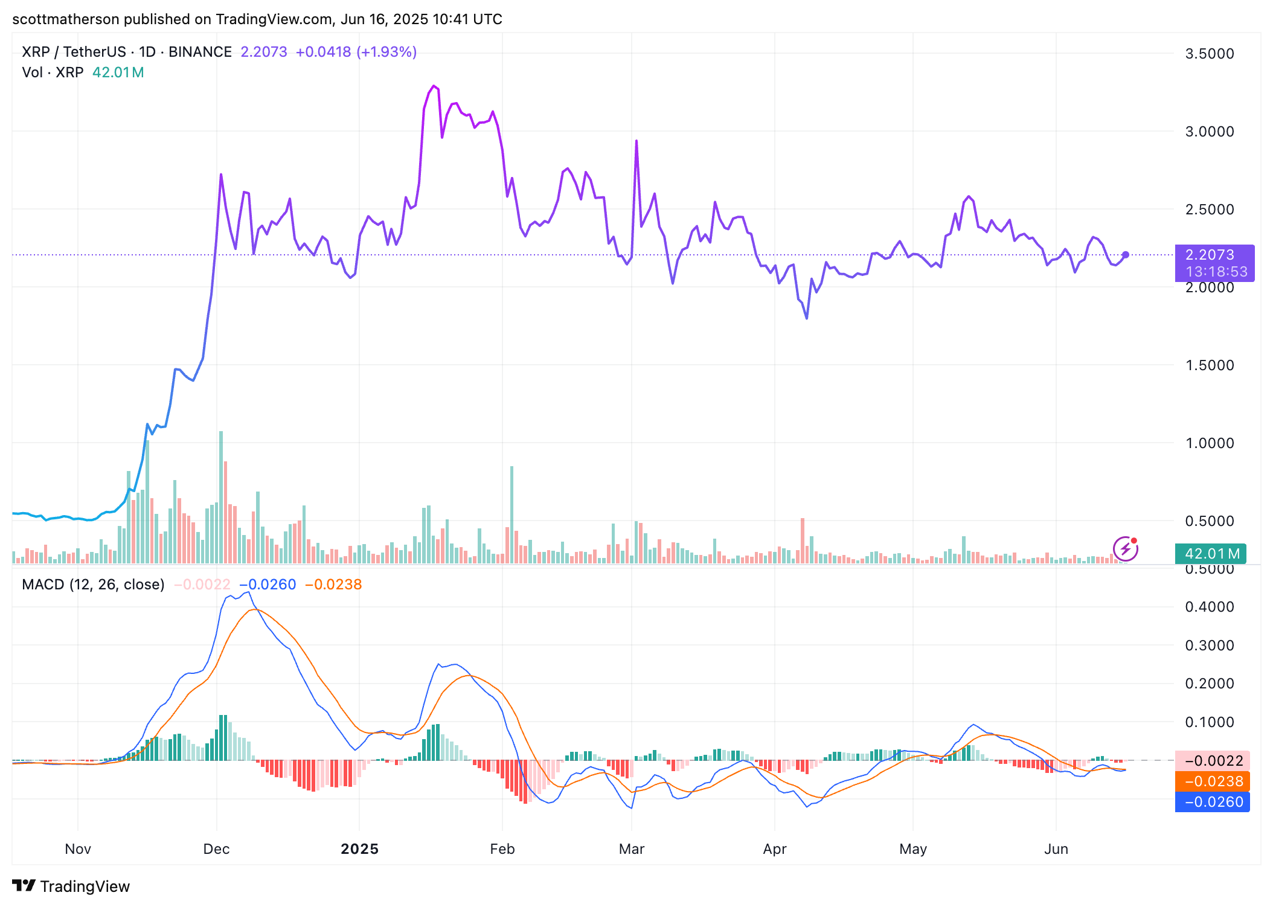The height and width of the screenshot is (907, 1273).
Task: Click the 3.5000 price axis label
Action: coord(1209,54)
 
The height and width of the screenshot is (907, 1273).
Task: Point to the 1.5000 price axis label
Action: coord(1209,365)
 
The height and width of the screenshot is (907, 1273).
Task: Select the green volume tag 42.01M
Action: coord(1210,553)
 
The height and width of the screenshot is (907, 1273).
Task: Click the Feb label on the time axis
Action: coord(502,849)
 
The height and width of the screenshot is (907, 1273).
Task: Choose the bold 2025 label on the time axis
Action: coord(359,849)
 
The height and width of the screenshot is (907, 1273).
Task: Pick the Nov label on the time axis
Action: coord(78,849)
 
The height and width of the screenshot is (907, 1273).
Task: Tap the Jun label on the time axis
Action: coord(1056,849)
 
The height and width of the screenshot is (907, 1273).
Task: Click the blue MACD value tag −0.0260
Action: coord(1212,802)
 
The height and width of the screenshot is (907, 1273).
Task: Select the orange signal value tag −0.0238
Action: coord(1212,781)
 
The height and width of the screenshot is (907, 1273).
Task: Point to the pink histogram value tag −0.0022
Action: coord(1212,761)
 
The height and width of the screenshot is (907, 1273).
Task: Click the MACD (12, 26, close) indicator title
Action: coord(93,585)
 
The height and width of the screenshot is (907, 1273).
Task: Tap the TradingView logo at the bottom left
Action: coord(71,886)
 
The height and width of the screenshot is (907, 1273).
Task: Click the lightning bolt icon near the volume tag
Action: coord(1125,549)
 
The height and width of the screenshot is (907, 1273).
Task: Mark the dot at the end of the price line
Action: coord(1125,255)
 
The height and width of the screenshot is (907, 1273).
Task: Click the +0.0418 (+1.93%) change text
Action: coord(356,52)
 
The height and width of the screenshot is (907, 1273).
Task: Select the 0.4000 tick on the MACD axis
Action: coord(1209,607)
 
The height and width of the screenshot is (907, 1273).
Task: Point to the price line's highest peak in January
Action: coord(434,86)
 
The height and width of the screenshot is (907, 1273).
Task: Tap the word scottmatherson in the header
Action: coord(66,19)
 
